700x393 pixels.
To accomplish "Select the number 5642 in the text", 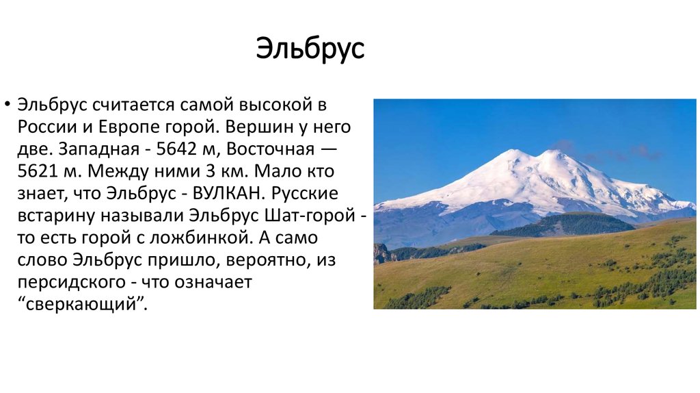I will click(x=177, y=149).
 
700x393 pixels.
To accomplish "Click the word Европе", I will click(x=144, y=127).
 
